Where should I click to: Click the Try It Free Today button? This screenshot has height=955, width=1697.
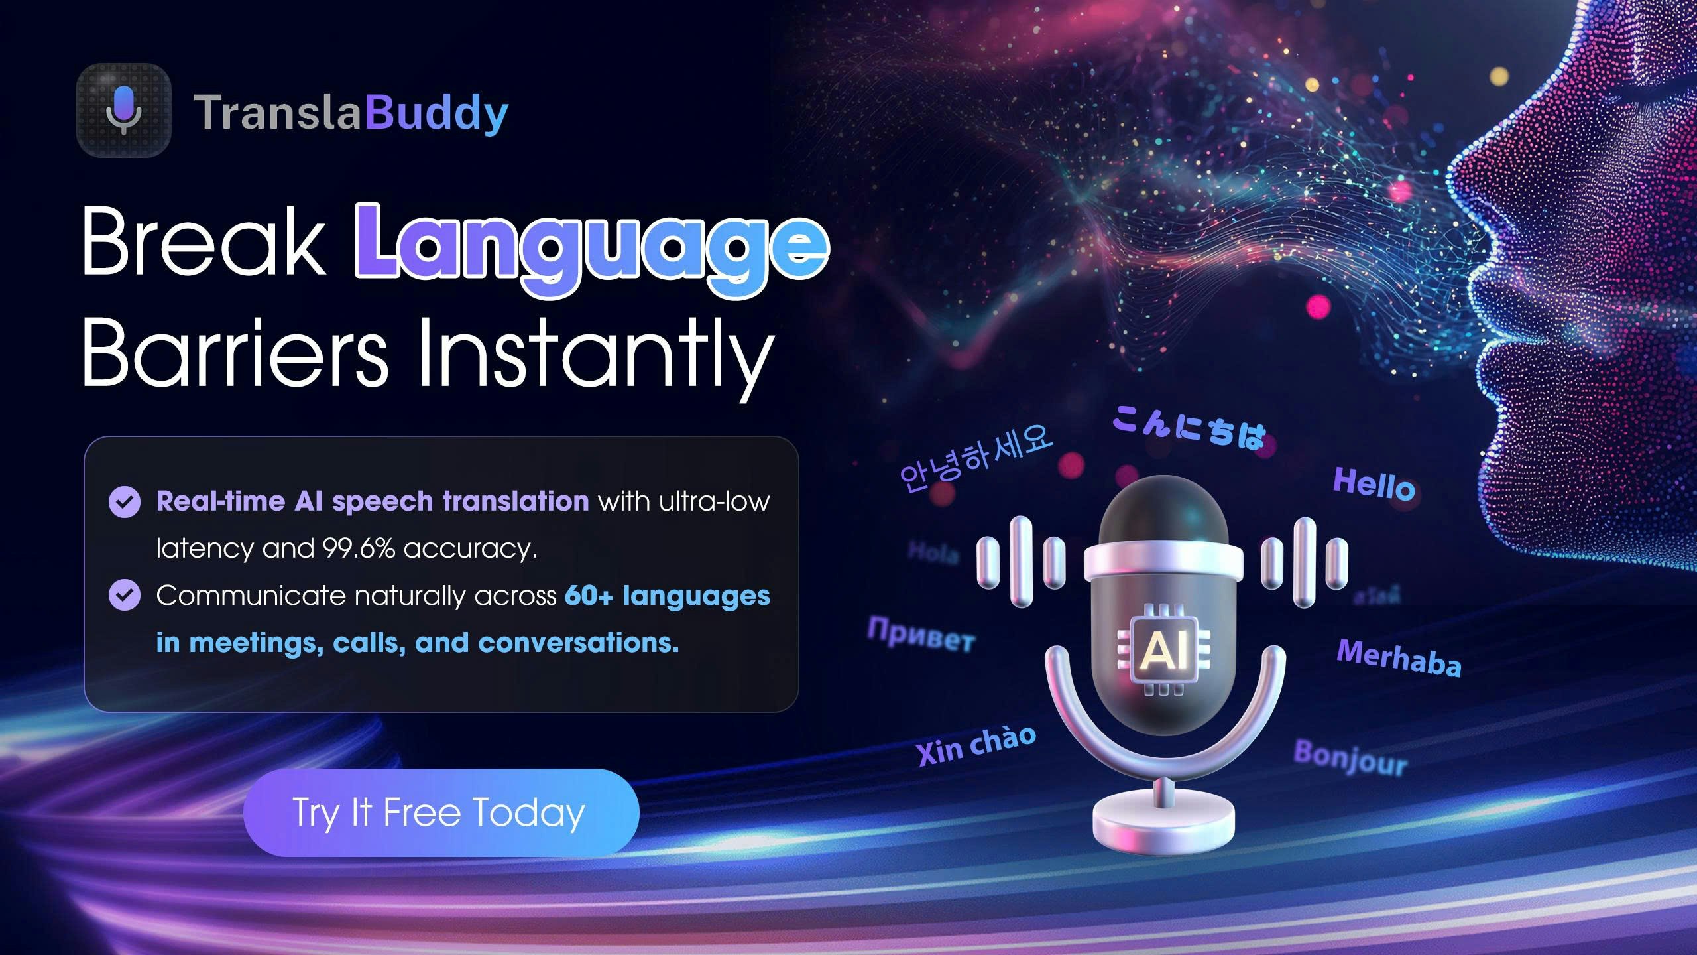tap(441, 812)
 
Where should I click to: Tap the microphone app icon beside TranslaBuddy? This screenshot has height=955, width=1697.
tap(124, 111)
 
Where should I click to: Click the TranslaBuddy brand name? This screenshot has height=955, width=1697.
tap(351, 113)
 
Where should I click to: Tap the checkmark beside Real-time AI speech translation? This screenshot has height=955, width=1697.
tap(125, 502)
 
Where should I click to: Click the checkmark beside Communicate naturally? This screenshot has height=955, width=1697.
tap(125, 595)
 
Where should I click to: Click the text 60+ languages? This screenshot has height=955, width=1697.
tap(667, 596)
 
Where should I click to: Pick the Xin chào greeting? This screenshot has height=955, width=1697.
tap(976, 745)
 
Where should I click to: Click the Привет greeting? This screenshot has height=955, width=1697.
tap(921, 634)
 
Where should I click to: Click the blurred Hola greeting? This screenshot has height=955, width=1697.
tap(933, 552)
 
